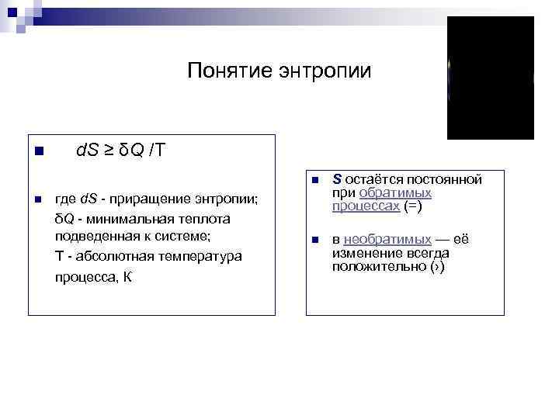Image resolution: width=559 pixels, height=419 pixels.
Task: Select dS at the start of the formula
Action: coord(85,150)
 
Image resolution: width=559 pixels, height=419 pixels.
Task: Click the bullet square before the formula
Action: coord(37,151)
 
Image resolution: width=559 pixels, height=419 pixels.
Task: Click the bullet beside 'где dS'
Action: coord(37,201)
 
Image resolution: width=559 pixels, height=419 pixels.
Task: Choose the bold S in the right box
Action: coord(337,179)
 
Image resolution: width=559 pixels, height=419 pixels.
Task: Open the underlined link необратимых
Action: coord(387,240)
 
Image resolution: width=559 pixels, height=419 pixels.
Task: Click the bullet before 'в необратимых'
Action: coord(315,241)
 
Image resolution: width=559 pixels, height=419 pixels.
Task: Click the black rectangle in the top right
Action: coord(491,78)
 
